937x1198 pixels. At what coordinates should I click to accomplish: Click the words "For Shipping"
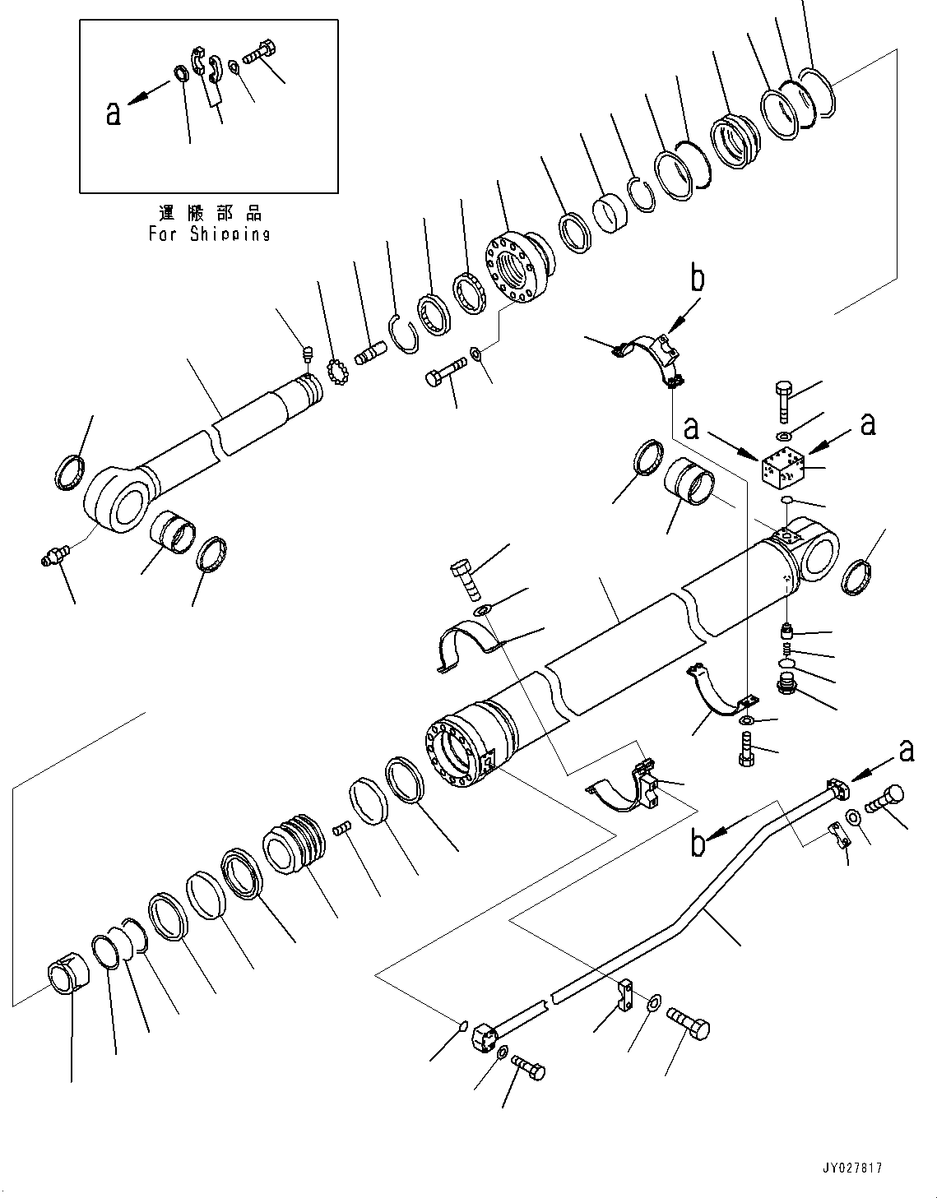[x=209, y=234]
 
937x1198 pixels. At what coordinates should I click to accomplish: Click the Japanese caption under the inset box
[x=209, y=214]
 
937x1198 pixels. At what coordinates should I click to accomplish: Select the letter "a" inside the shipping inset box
[x=114, y=113]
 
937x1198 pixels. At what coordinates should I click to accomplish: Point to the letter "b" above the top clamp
[x=697, y=280]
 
